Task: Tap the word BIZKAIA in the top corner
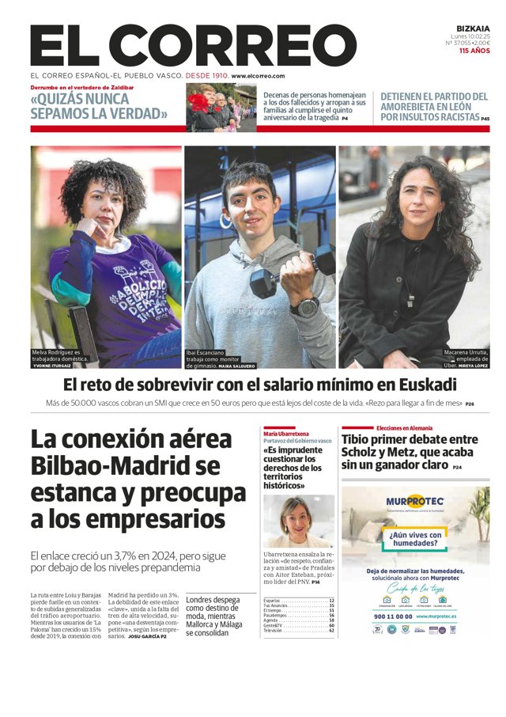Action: click(x=474, y=27)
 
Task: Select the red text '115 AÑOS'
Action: click(x=474, y=51)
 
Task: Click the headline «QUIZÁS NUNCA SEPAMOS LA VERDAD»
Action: click(x=99, y=106)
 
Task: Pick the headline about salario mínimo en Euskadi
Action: click(x=260, y=385)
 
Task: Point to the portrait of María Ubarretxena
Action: click(x=298, y=522)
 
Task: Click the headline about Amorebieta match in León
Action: click(x=434, y=106)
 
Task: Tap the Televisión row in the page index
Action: click(x=298, y=631)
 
